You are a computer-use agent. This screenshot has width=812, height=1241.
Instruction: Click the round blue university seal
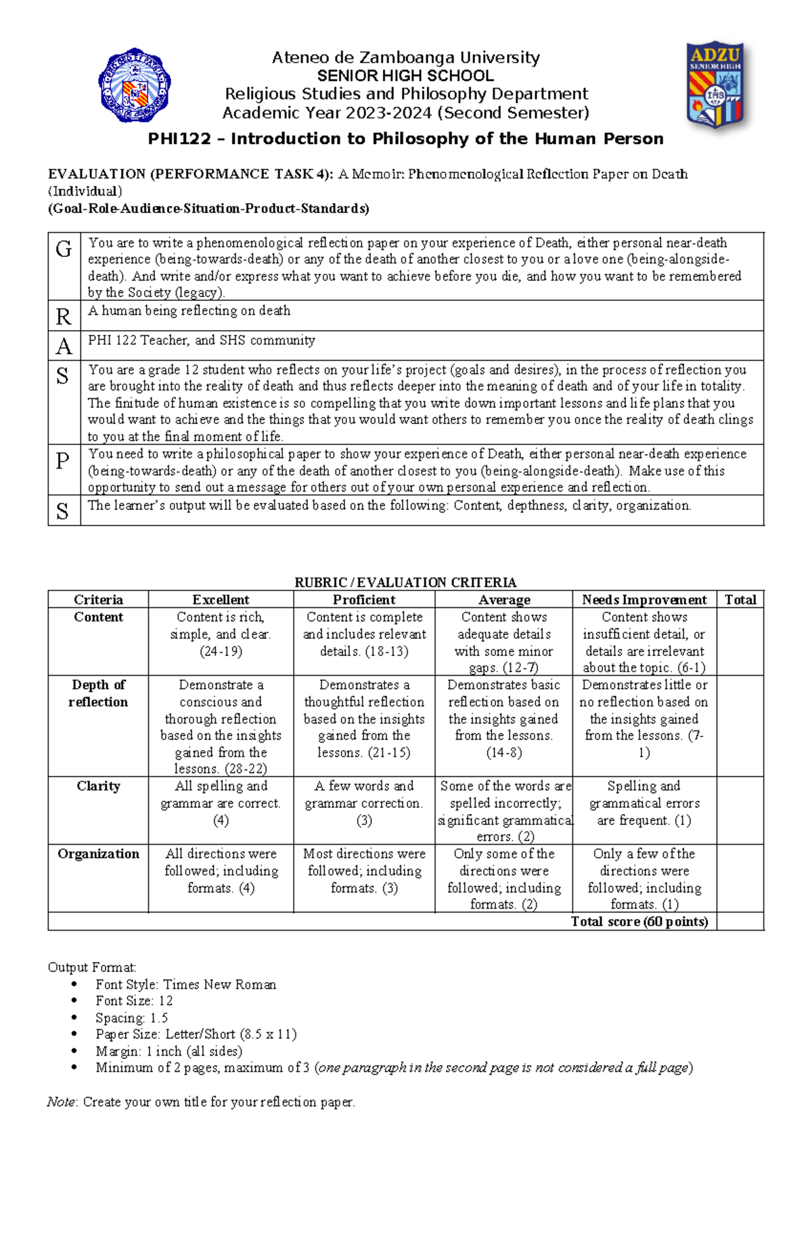tap(135, 85)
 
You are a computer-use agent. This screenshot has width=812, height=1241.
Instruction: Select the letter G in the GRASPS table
tap(64, 250)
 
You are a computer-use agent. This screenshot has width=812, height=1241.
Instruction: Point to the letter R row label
tap(64, 317)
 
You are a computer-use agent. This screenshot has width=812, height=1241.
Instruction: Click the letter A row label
tap(64, 346)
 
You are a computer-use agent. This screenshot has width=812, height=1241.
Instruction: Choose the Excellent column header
tap(221, 600)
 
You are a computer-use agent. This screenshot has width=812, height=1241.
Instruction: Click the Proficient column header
tap(364, 600)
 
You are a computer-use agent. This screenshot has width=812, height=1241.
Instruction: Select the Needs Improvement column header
tap(644, 600)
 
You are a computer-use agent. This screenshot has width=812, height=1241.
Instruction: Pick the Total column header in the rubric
tap(740, 600)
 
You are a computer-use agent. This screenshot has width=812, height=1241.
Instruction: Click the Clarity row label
tap(98, 786)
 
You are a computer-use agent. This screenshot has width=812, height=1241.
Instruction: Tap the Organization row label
tap(98, 853)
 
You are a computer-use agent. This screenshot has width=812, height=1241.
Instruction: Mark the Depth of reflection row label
tap(98, 693)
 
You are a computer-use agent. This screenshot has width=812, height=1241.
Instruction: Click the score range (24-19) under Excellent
tap(221, 651)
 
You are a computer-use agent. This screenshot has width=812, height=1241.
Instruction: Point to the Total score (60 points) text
tap(639, 922)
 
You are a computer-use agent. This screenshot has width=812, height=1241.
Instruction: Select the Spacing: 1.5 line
tap(131, 1018)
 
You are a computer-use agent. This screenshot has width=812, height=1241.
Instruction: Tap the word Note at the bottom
tap(61, 1102)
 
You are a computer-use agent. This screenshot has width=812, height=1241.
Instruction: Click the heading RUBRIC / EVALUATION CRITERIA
tap(405, 582)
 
